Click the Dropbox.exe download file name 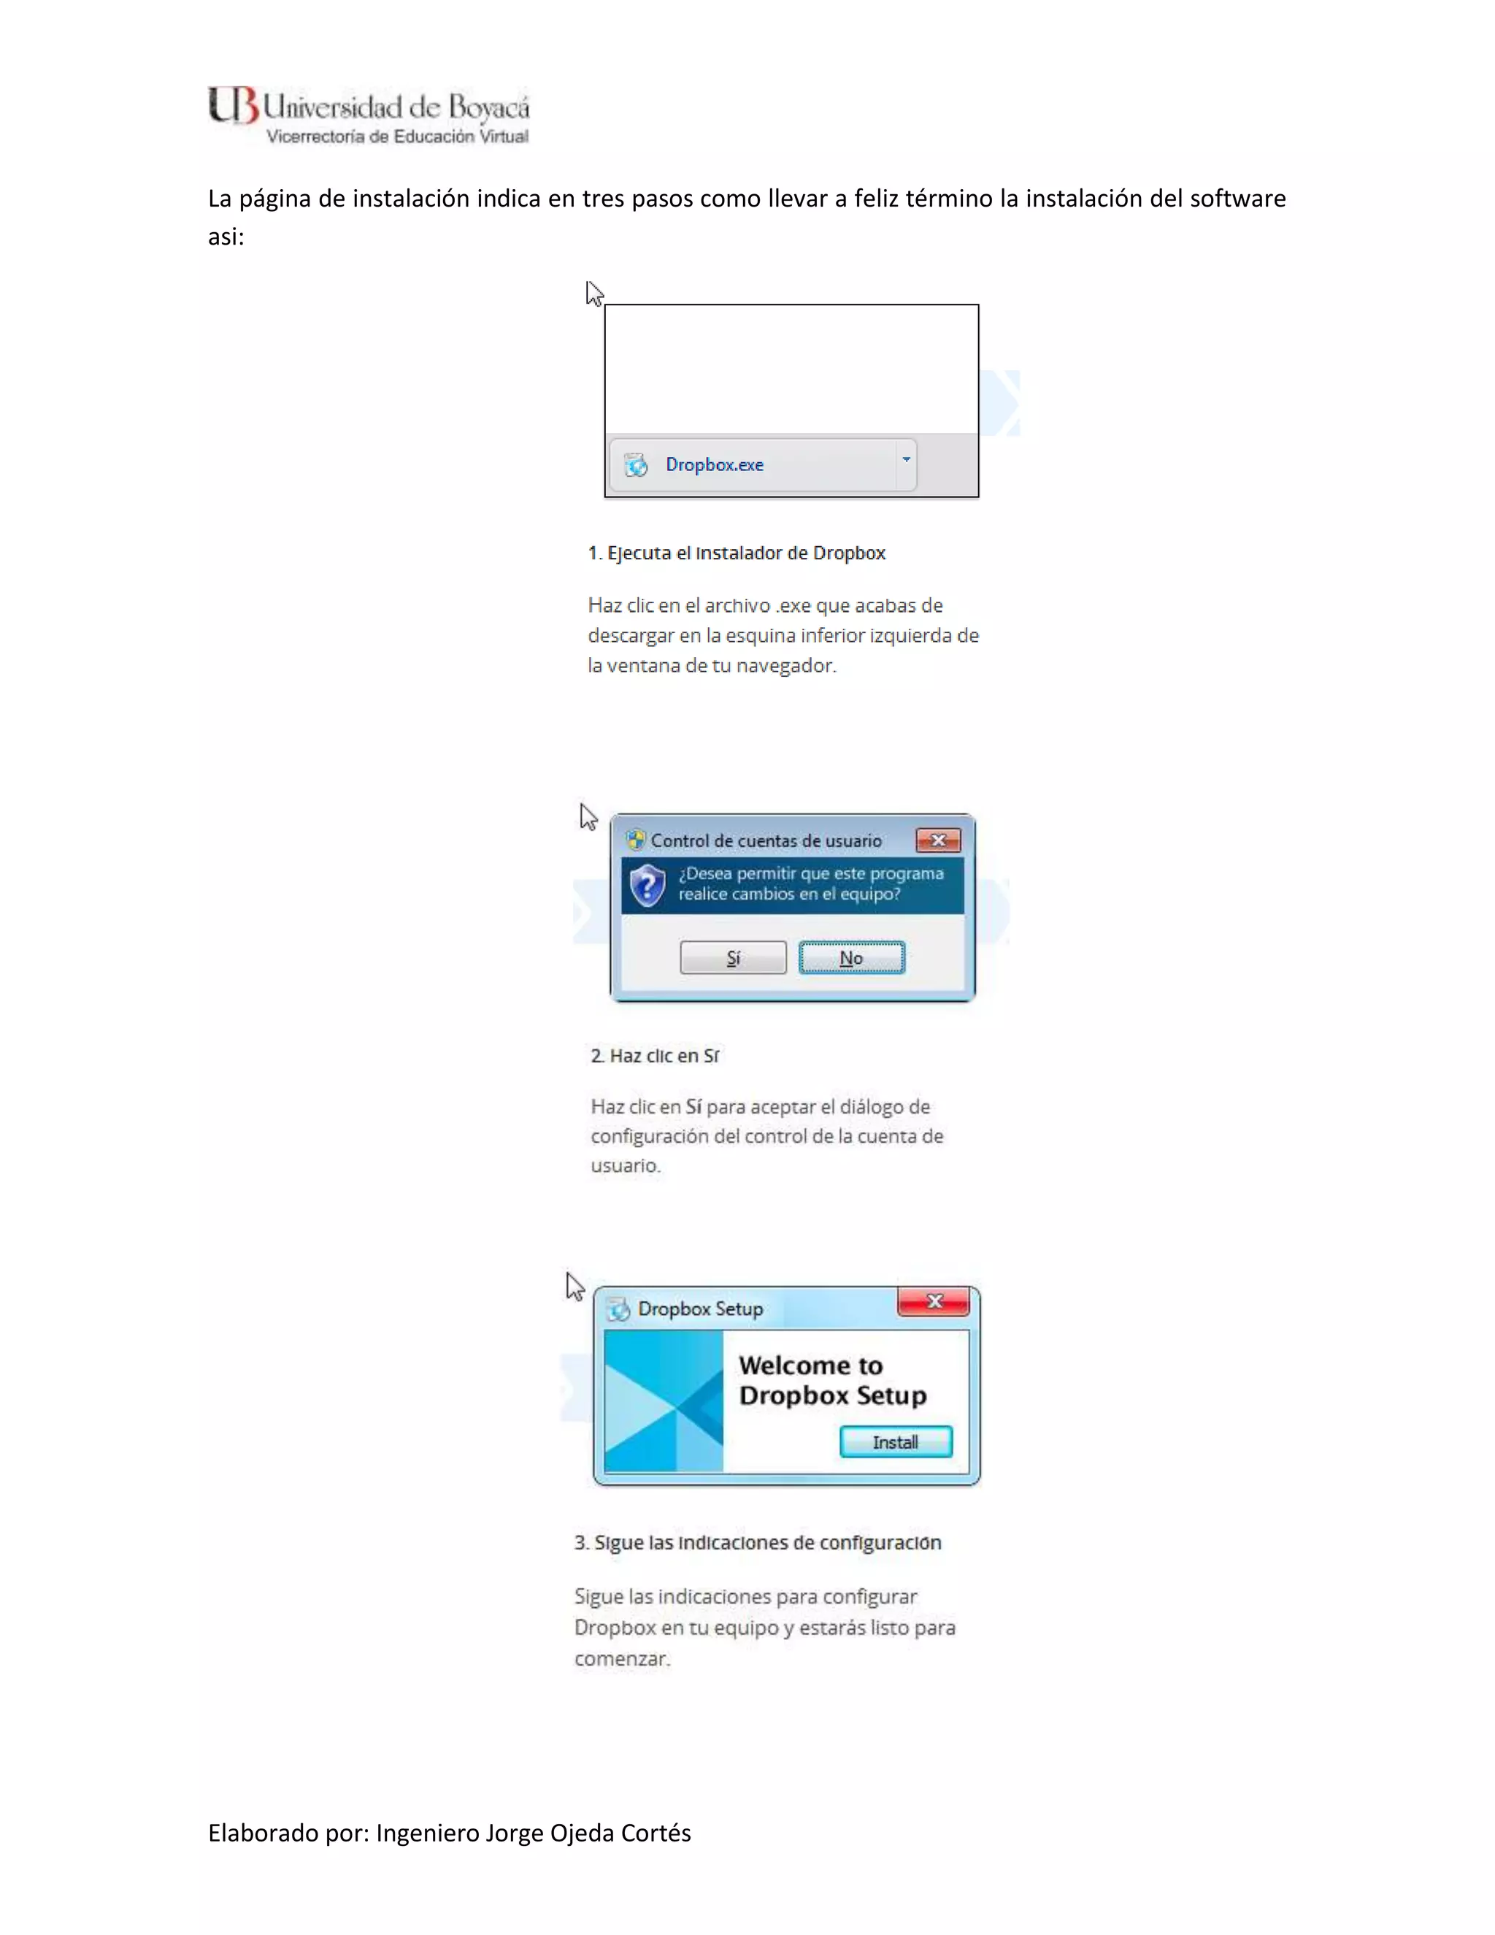coord(714,465)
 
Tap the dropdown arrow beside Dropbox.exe coord(905,460)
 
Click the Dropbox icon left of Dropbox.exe coord(635,464)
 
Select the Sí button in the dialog coord(732,958)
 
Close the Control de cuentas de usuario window coord(938,840)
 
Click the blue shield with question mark coord(647,885)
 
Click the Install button coord(896,1442)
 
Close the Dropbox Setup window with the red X coord(934,1301)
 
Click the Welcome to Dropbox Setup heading coord(831,1380)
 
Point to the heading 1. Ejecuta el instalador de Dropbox coord(736,553)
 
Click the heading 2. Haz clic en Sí coord(655,1056)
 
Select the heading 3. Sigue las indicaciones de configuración coord(757,1542)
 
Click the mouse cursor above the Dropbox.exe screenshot coord(593,294)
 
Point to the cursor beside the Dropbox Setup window coord(574,1287)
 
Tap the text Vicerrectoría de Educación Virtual coord(397,137)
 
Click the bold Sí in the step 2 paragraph coord(693,1106)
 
